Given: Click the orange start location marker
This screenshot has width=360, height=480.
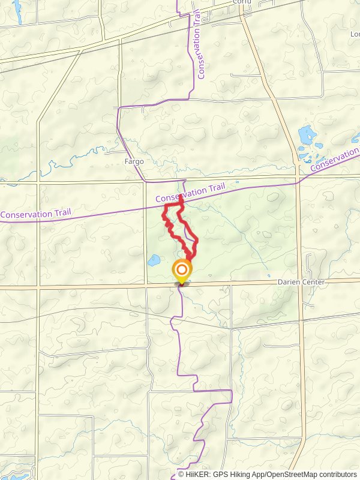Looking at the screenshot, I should pyautogui.click(x=182, y=271).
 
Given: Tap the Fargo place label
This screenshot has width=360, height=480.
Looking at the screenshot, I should pyautogui.click(x=133, y=161).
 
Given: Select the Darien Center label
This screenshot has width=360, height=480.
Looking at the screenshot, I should pyautogui.click(x=301, y=282).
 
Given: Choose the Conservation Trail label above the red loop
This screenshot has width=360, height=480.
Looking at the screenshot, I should pyautogui.click(x=190, y=193).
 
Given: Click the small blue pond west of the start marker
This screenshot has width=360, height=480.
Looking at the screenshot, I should pyautogui.click(x=154, y=260).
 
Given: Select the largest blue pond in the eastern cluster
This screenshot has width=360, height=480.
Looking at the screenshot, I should pyautogui.click(x=307, y=133).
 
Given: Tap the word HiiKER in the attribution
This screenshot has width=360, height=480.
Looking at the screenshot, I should pyautogui.click(x=198, y=474).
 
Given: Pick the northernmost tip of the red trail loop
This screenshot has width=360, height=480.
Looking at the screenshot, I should pyautogui.click(x=181, y=196).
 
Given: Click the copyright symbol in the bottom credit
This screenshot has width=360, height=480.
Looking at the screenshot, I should pyautogui.click(x=181, y=474).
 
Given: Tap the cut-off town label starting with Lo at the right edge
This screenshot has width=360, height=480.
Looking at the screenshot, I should pyautogui.click(x=355, y=34).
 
